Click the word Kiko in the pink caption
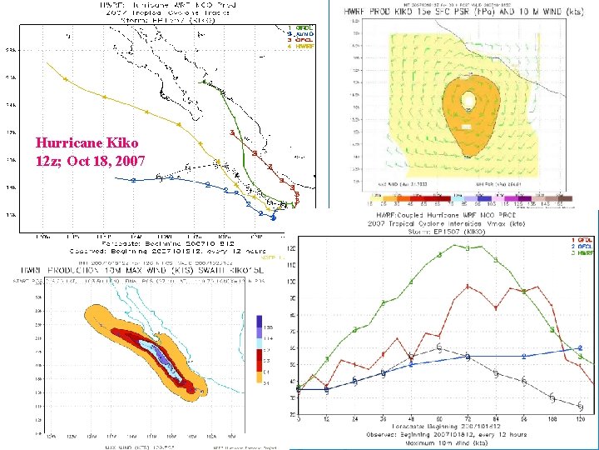(x=124, y=143)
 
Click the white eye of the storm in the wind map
(x=469, y=102)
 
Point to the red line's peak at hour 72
(x=468, y=287)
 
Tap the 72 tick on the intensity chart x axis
(x=468, y=418)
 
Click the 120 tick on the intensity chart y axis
(x=289, y=248)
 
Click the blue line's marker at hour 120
(x=580, y=348)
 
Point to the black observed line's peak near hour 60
(x=438, y=347)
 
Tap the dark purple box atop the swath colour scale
(x=260, y=322)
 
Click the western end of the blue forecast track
(x=132, y=180)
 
